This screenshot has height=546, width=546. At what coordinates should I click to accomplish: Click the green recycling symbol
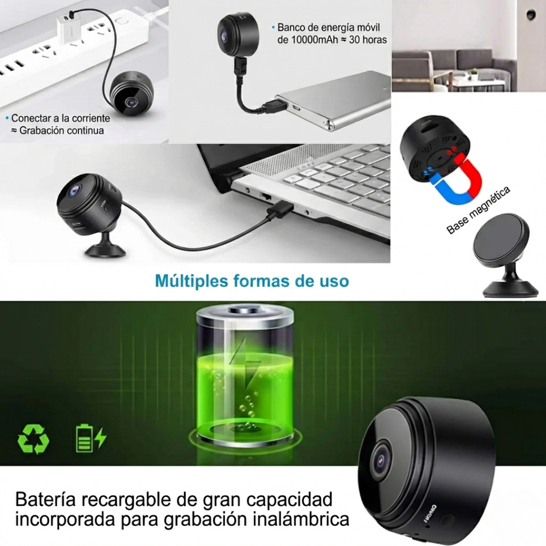(x=33, y=438)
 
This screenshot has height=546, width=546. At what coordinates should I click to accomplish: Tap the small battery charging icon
(x=90, y=438)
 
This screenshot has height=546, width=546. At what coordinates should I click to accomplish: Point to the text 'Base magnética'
(x=478, y=210)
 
